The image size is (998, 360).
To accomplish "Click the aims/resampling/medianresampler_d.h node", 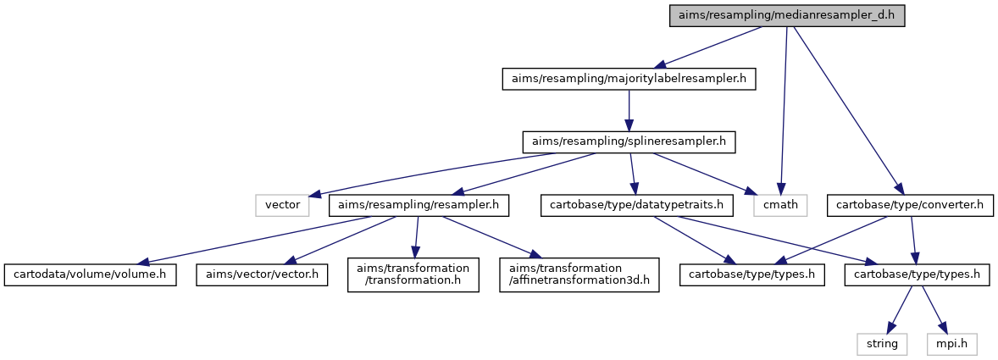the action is (x=787, y=15).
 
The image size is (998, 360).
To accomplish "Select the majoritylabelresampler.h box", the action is (x=629, y=80).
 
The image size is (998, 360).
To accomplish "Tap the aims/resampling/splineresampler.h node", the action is (x=629, y=141).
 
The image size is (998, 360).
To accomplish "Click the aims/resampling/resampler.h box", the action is (x=419, y=206).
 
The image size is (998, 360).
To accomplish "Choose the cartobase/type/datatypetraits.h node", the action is (x=636, y=206).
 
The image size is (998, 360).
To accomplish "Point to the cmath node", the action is (x=780, y=206).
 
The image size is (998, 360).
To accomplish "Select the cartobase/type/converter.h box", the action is (x=910, y=206).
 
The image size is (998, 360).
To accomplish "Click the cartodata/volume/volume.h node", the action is (x=90, y=275).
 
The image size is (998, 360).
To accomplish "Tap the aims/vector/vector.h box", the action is (x=262, y=275).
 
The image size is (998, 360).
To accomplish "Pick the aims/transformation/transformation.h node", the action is (x=413, y=274).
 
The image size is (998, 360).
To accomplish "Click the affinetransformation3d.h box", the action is (x=579, y=274).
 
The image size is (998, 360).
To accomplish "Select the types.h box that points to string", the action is (x=918, y=275).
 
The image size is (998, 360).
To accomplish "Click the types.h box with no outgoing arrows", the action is (x=751, y=275).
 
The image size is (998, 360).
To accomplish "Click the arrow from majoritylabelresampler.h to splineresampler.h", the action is (x=629, y=111).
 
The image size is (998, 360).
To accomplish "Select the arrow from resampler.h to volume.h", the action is (x=254, y=240).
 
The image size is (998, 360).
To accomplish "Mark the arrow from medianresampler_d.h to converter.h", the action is (x=847, y=111).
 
